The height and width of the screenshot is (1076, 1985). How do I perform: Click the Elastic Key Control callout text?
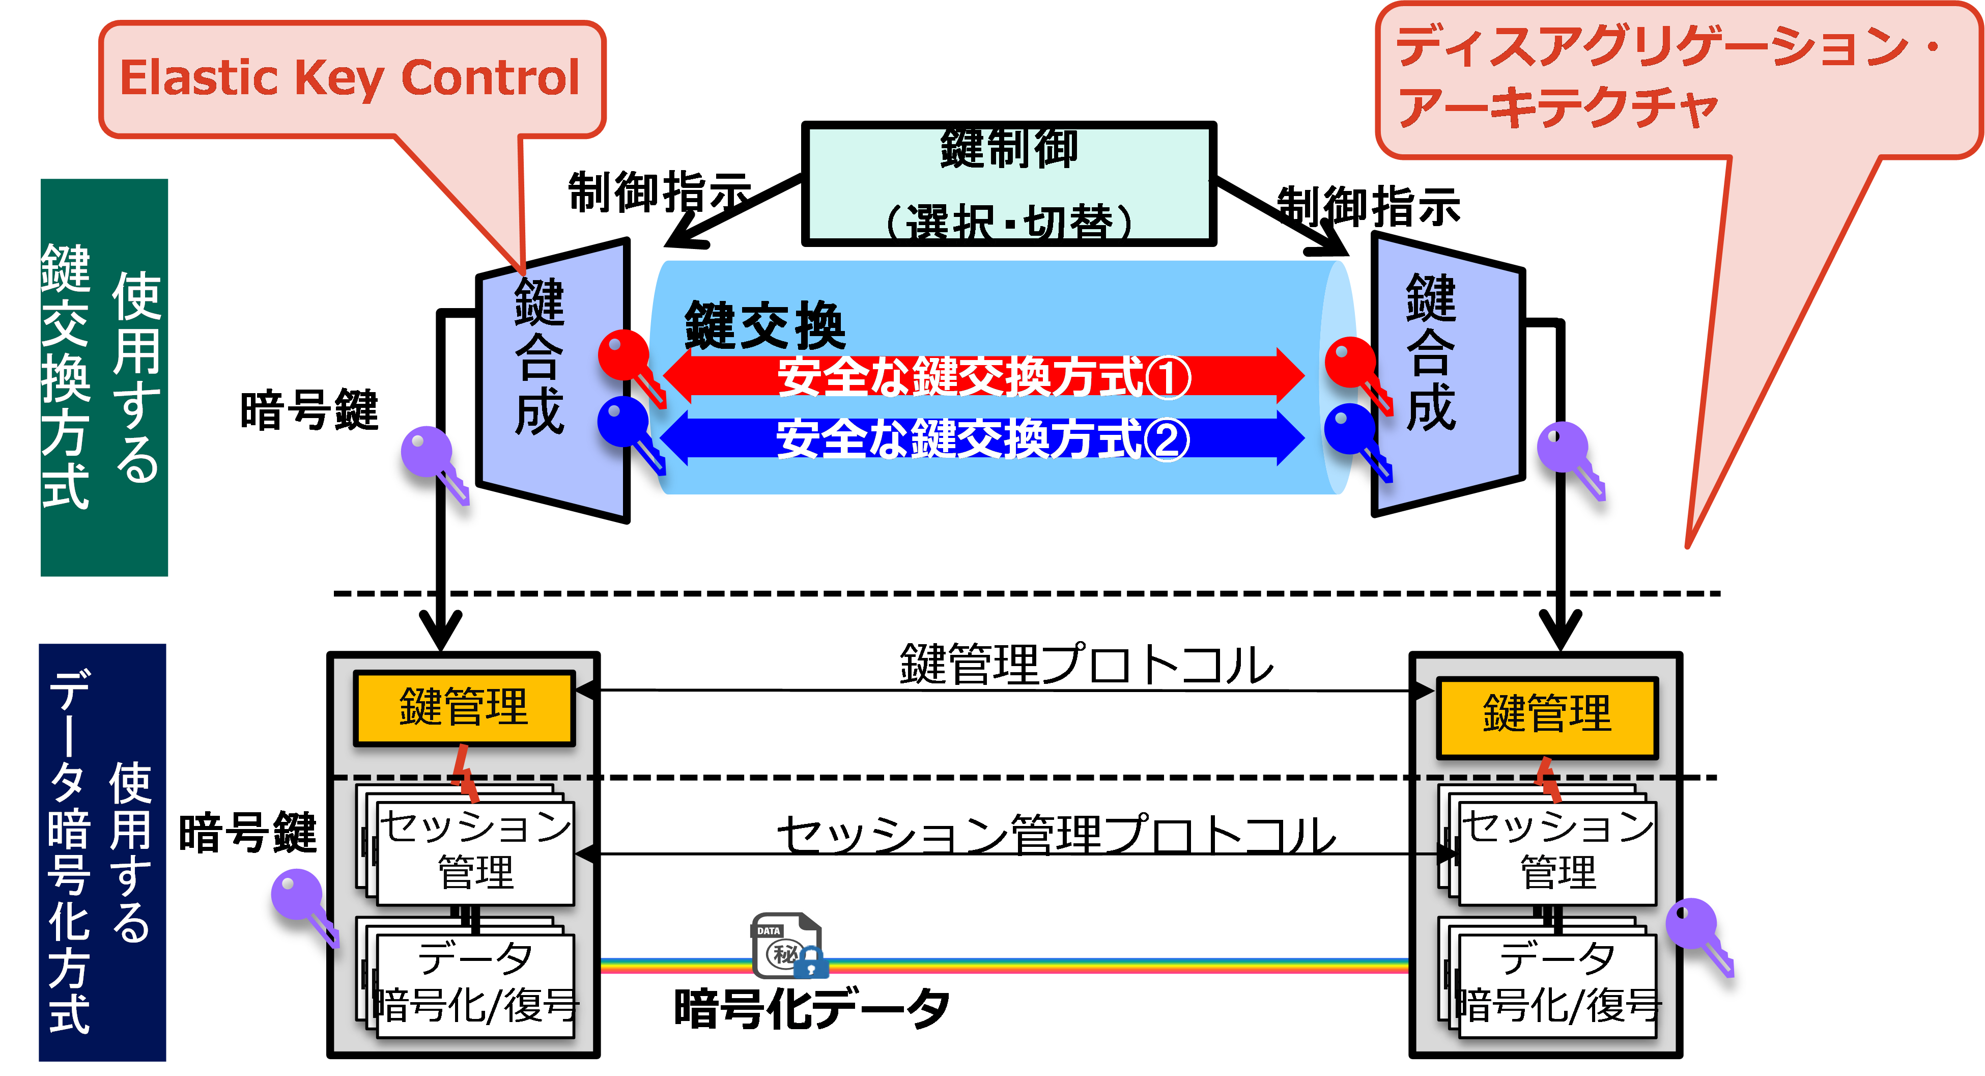tap(349, 78)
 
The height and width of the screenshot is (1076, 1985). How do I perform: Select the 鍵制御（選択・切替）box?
tap(1009, 183)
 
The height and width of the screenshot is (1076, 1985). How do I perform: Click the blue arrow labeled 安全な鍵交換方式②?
tap(982, 438)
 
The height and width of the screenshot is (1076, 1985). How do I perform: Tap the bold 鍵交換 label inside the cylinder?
tap(764, 325)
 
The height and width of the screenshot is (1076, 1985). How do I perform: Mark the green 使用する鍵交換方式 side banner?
tap(104, 378)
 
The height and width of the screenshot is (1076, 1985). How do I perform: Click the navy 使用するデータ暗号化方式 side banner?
tap(102, 852)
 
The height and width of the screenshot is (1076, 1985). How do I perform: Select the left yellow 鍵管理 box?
tap(464, 707)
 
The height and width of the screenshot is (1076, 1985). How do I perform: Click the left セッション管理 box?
tap(475, 852)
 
